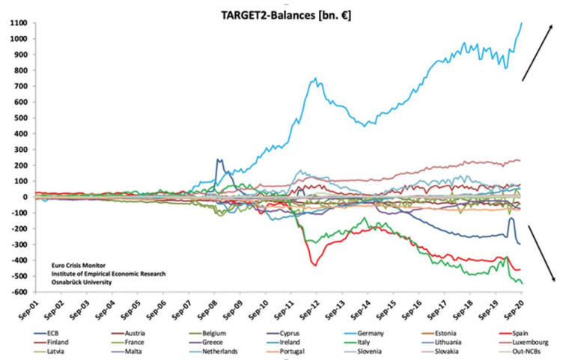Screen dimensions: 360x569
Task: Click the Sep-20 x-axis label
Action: point(517,309)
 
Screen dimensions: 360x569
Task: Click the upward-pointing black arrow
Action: point(538,52)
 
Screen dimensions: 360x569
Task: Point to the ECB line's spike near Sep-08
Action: point(218,159)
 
